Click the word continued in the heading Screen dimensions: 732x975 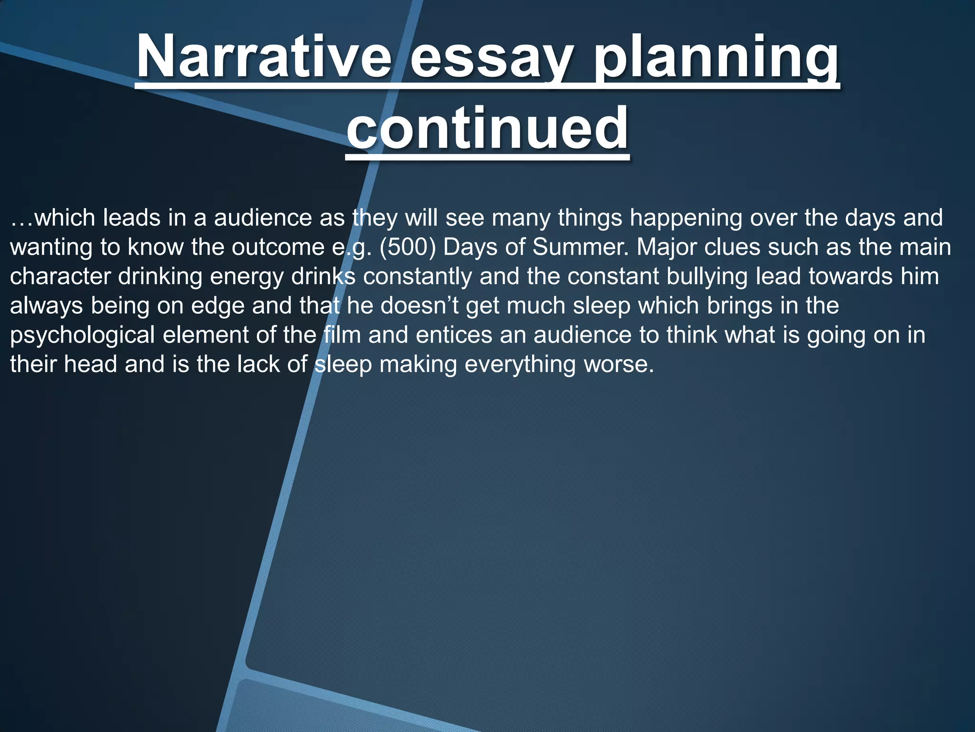(x=487, y=128)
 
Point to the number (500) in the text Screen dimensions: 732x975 (x=408, y=247)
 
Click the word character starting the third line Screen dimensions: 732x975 (x=60, y=277)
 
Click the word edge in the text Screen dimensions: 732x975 (x=218, y=305)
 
